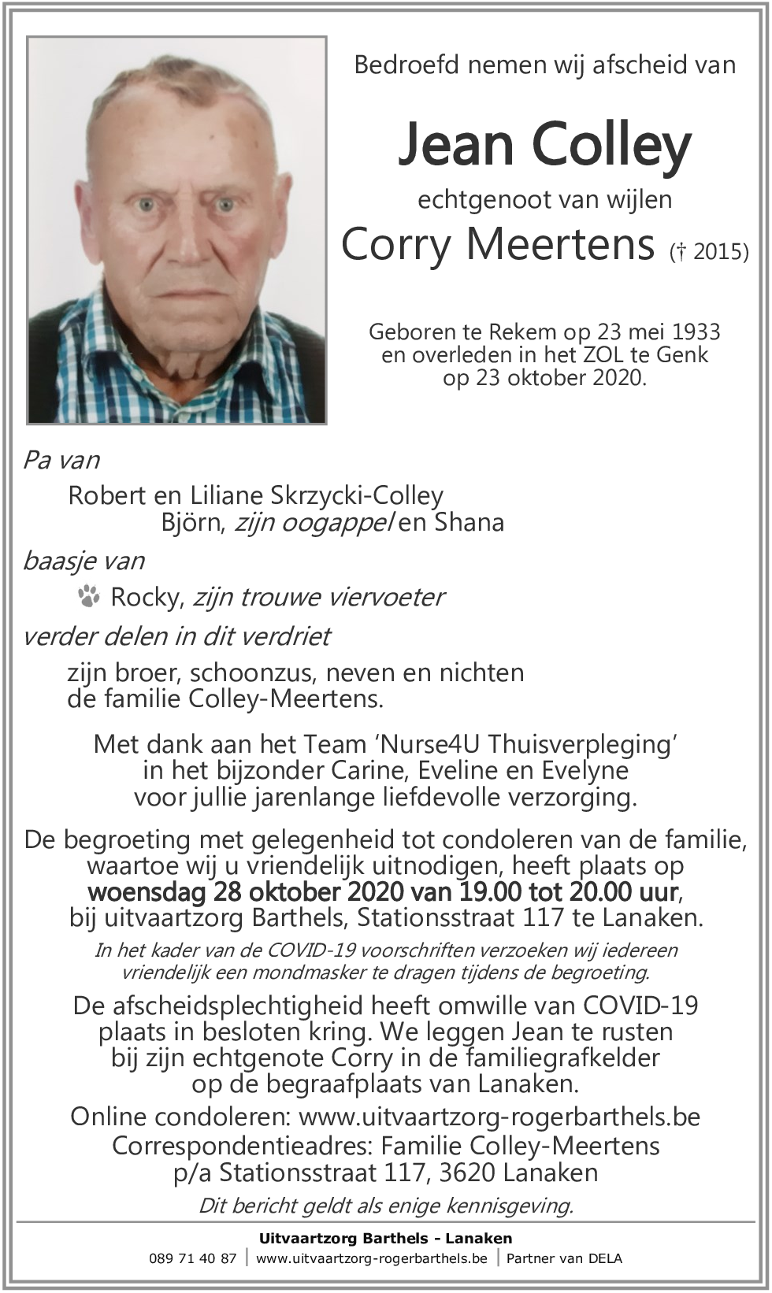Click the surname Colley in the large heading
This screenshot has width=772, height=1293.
[611, 146]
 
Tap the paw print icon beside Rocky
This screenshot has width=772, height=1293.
[89, 596]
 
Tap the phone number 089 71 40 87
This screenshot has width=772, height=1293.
[192, 1258]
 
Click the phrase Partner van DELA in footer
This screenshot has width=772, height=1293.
[564, 1258]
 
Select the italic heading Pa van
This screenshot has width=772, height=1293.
[61, 460]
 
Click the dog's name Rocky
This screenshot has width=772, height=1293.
[147, 597]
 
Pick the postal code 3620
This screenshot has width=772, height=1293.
[467, 1173]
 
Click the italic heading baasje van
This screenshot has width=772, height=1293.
[84, 561]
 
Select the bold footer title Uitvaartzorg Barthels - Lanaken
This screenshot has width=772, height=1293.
[385, 1238]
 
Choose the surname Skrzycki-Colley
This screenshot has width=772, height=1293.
[357, 495]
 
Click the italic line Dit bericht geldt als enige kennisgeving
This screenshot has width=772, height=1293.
[386, 1206]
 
